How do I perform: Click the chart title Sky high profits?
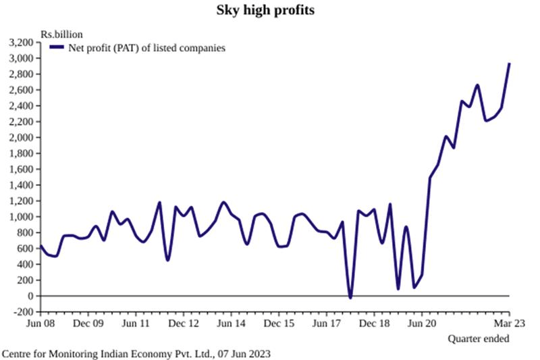[x=270, y=10]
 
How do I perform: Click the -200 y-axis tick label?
[x=26, y=311]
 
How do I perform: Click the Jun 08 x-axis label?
[x=40, y=323]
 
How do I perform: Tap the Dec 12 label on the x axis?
[x=184, y=323]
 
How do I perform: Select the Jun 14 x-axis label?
[x=232, y=323]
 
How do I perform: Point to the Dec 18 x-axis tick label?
[x=374, y=323]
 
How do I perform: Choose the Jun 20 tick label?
[x=422, y=323]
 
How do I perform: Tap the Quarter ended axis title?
[x=479, y=338]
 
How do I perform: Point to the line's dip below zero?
[x=350, y=297]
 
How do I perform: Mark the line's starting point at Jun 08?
[x=40, y=246]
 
